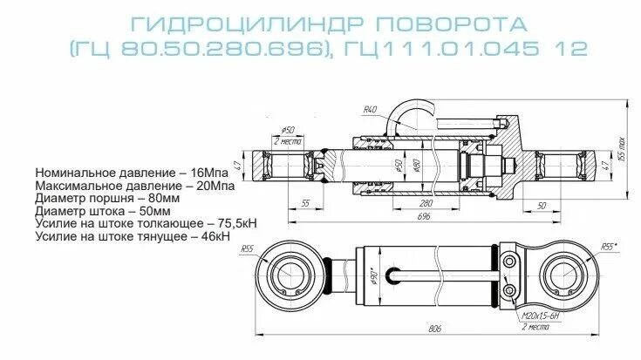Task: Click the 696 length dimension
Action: pyautogui.click(x=425, y=214)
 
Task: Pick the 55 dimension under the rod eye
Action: pyautogui.click(x=304, y=202)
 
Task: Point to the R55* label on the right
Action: pyautogui.click(x=608, y=248)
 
